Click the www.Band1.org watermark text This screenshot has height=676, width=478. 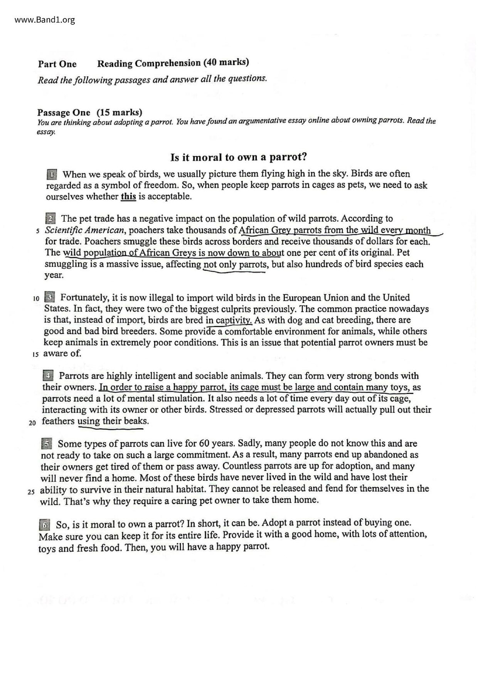coord(45,20)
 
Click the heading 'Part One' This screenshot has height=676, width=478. coord(57,64)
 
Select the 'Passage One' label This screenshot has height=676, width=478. coord(64,113)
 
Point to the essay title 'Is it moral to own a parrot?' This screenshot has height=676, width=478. coord(239,157)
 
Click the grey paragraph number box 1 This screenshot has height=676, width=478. coord(52,174)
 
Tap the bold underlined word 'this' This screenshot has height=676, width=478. coord(128,197)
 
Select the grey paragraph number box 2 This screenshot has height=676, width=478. coord(50,219)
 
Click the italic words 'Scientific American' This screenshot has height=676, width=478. coord(84,230)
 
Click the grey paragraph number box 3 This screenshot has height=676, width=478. coord(49,298)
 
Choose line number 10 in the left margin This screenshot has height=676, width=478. coord(36,298)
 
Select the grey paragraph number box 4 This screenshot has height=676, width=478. coord(48,376)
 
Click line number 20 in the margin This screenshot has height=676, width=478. coord(32,423)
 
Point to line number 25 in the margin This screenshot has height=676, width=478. coord(31,492)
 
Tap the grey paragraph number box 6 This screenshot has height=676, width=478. coord(45,525)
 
